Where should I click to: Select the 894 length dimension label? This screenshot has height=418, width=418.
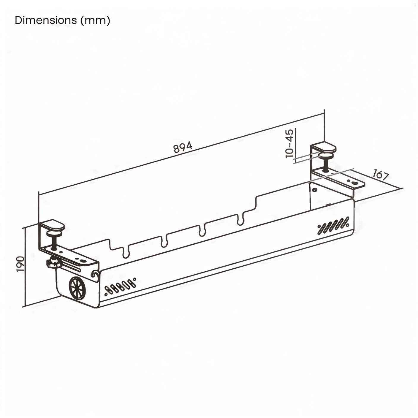pyautogui.click(x=183, y=147)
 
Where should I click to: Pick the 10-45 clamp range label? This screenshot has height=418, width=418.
pyautogui.click(x=289, y=143)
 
